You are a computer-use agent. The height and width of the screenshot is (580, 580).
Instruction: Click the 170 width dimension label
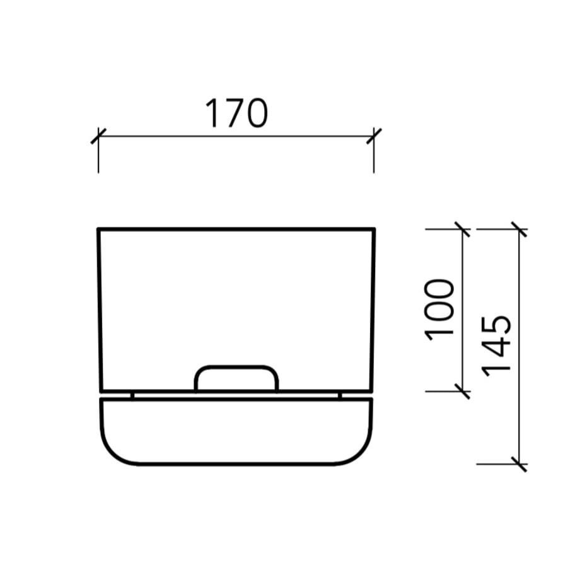pos(236,113)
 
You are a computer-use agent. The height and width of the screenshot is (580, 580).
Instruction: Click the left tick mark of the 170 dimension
pos(98,136)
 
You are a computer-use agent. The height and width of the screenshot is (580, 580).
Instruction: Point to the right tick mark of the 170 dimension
pos(374,136)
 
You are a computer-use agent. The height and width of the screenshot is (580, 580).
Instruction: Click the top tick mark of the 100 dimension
pos(462,229)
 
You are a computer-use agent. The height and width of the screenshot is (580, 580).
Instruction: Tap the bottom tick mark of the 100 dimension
pos(462,391)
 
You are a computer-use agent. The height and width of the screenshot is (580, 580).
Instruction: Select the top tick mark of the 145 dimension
pos(519,229)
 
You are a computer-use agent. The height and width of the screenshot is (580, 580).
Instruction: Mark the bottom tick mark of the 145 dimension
pos(519,464)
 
